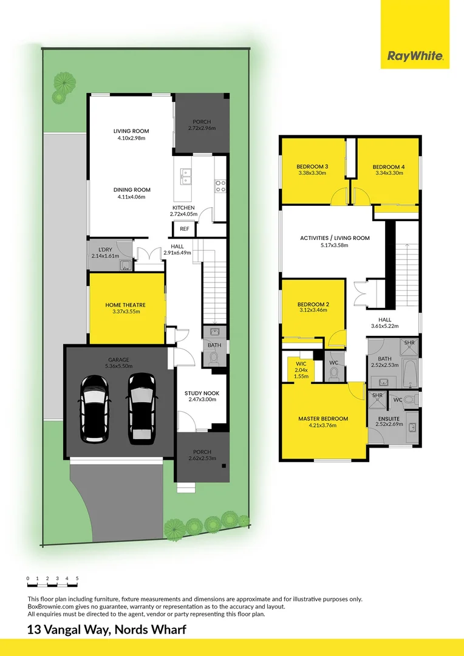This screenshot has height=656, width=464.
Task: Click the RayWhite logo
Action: (415, 57)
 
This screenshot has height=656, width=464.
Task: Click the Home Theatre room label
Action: (126, 305)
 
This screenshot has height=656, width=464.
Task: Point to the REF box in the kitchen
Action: (184, 229)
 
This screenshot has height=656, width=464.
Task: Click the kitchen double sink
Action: (186, 176)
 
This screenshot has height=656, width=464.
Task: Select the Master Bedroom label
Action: (323, 419)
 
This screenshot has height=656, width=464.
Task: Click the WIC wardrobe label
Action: (301, 364)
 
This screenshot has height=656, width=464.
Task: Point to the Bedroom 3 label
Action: (313, 167)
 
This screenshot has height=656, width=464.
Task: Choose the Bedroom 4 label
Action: (389, 167)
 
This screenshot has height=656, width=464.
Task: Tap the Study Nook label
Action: (202, 394)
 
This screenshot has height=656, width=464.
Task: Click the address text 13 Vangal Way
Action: (106, 630)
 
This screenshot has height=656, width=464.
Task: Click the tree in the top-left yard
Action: (63, 85)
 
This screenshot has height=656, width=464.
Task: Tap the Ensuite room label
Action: (387, 419)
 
